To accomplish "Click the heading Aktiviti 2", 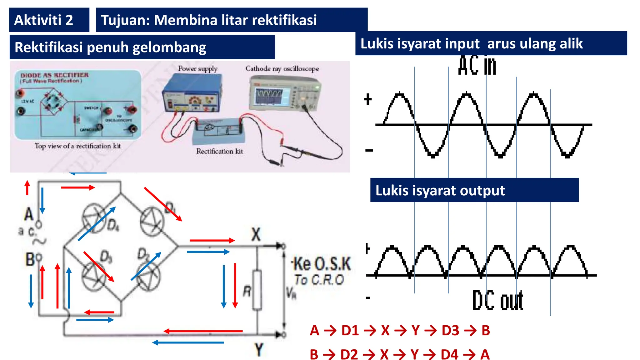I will (44, 20).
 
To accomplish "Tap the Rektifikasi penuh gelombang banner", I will (111, 47).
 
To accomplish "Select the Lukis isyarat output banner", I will (440, 190).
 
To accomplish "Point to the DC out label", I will (497, 301).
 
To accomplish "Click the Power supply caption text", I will (197, 68).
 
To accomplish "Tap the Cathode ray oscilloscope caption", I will (282, 68).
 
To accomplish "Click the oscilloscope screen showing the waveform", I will (269, 96).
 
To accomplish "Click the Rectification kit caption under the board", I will (219, 151).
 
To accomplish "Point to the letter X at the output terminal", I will (256, 234).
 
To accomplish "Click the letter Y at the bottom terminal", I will (259, 350).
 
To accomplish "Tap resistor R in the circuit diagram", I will (257, 290).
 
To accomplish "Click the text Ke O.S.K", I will (322, 264).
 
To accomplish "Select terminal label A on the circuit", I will (29, 214).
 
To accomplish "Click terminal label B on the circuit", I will (30, 259).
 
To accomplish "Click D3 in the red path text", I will (450, 331).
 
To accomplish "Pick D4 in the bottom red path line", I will (449, 354).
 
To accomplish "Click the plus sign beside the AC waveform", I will (368, 99).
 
